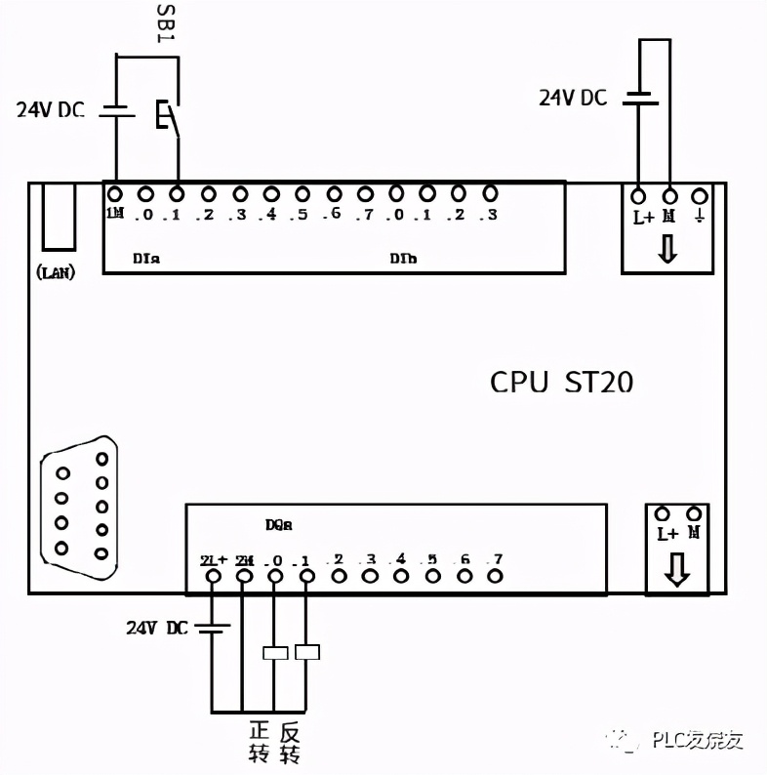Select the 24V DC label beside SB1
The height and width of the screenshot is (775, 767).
tap(50, 110)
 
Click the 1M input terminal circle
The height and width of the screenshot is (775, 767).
tap(114, 194)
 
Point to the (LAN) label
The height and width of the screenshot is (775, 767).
tap(56, 272)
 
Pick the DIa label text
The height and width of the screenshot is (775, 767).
tap(146, 260)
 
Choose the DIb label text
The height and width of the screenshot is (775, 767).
tap(403, 260)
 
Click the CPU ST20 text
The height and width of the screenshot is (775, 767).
tap(561, 382)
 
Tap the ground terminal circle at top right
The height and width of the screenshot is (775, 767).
tap(699, 195)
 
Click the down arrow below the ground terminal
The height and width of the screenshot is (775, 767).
tap(668, 251)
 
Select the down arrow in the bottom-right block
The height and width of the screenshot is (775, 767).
tap(675, 570)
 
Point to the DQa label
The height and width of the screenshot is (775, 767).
tap(278, 525)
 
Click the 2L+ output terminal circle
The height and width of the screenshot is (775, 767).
tap(213, 576)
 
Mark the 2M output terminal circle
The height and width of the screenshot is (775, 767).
tap(244, 576)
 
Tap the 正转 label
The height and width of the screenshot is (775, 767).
tap(258, 743)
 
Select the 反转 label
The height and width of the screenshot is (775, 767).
tap(290, 743)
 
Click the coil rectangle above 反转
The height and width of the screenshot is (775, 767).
tap(307, 651)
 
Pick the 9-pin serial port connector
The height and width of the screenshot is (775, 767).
tap(81, 508)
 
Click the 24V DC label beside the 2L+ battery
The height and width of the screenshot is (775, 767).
tap(156, 628)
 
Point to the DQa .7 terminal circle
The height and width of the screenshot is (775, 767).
tap(496, 576)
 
